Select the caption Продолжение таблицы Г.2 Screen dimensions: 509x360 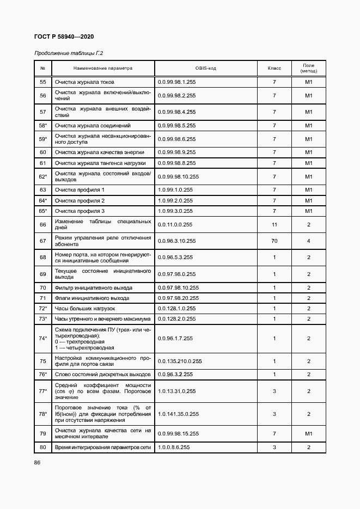[69, 53]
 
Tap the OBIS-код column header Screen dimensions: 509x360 [205, 69]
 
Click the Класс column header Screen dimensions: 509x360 [274, 69]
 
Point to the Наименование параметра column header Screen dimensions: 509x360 [103, 69]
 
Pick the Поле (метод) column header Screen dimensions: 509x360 [308, 69]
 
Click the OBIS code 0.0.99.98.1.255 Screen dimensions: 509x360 [176, 82]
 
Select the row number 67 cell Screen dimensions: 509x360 [43, 241]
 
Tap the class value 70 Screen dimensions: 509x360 [274, 241]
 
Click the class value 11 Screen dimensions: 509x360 [274, 224]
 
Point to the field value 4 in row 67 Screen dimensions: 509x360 [308, 241]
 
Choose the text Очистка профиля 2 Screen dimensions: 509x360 [80, 201]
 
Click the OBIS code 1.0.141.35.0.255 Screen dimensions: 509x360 [178, 414]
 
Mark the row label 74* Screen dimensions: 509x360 [43, 339]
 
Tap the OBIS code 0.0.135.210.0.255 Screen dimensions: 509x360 [180, 361]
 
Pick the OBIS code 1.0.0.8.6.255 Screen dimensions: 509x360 [174, 447]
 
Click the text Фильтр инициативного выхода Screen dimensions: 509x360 [93, 288]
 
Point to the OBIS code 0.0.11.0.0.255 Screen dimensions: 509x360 [175, 224]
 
